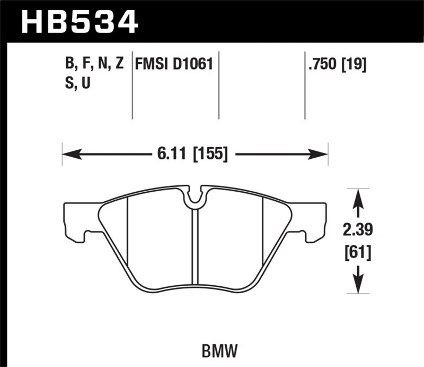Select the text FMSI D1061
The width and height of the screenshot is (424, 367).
click(174, 65)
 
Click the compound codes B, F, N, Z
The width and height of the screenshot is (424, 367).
click(94, 65)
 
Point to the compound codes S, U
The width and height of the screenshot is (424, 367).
click(78, 83)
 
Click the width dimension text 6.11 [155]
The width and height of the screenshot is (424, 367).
click(192, 155)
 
